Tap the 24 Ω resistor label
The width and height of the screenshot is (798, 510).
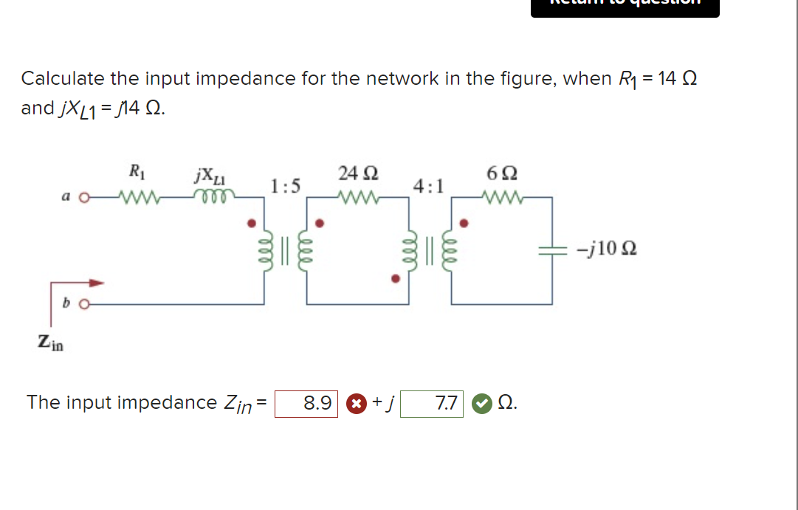pos(358,174)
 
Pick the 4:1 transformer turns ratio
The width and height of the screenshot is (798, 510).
pos(429,185)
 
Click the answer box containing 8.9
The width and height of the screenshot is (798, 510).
pos(306,404)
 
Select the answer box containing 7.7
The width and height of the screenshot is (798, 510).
pos(432,404)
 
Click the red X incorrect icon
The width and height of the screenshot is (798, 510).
pos(357,404)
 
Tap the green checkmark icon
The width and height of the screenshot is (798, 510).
pos(481,404)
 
